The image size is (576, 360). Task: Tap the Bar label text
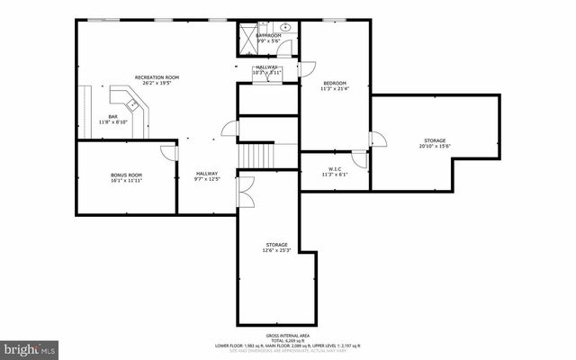pyautogui.click(x=113, y=116)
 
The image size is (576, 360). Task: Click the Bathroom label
pyautogui.click(x=268, y=35)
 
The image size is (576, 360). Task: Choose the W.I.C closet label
pyautogui.click(x=333, y=169)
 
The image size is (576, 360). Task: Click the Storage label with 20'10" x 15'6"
pyautogui.click(x=435, y=141)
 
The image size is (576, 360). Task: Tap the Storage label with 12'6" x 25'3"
pyautogui.click(x=276, y=245)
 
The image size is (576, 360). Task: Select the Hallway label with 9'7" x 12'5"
pyautogui.click(x=206, y=175)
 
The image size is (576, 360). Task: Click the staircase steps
pyautogui.click(x=255, y=156)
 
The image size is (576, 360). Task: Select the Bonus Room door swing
pyautogui.click(x=168, y=154)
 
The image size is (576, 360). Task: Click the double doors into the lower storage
pyautogui.click(x=244, y=191)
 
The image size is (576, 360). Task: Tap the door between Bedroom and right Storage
pyautogui.click(x=377, y=139)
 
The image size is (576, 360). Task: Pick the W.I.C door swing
pyautogui.click(x=359, y=159)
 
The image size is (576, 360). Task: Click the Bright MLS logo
pyautogui.click(x=31, y=346)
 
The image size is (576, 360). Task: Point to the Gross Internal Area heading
pyautogui.click(x=287, y=332)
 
